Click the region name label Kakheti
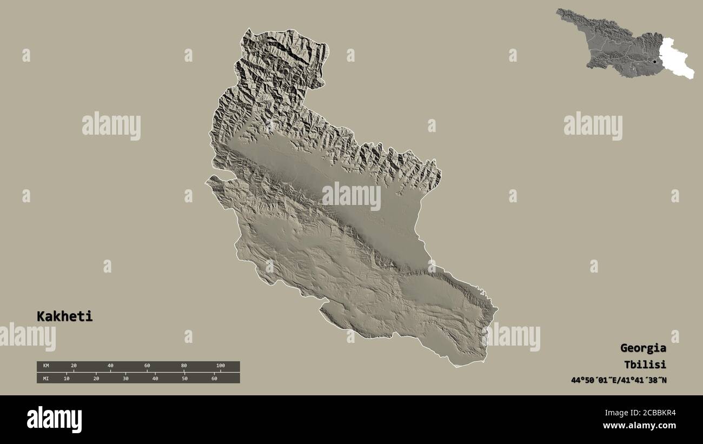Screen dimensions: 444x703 point(64,316)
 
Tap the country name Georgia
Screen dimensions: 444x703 point(643,348)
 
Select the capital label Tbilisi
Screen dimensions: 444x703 point(645,364)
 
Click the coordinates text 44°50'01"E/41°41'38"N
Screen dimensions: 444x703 point(619,380)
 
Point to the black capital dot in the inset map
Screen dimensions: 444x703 point(655,62)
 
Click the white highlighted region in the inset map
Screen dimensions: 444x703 point(676,57)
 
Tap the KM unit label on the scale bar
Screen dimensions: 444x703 point(46,366)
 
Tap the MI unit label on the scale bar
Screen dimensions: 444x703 point(46,378)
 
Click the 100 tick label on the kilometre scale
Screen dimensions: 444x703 point(220,366)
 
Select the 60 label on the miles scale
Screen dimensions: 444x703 point(214,378)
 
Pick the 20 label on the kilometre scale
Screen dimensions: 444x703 point(74,366)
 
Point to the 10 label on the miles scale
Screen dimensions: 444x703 point(67,378)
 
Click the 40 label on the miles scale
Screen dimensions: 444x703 point(155,378)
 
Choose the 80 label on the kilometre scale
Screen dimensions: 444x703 point(184,366)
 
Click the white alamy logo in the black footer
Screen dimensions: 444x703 point(54,420)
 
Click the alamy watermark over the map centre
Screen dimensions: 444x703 point(351,196)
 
